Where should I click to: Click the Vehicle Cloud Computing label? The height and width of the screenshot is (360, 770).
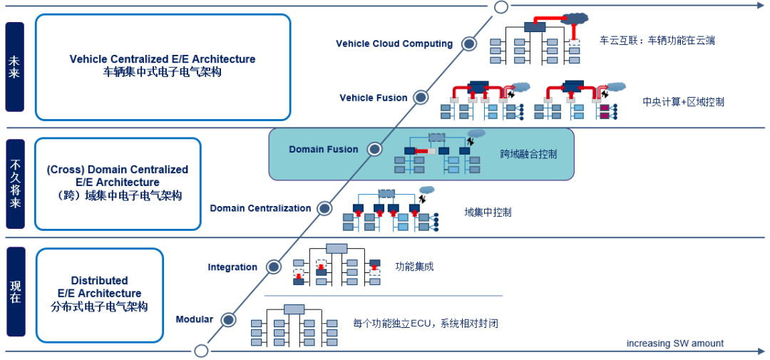point(394,43)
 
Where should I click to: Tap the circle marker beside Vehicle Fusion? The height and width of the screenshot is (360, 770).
point(421,97)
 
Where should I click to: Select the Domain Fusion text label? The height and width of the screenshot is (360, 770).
point(324,150)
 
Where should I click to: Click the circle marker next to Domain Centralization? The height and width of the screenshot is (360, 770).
point(324,208)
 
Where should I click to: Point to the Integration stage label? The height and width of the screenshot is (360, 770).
point(232,267)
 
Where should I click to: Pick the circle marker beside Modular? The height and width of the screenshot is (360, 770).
point(228,319)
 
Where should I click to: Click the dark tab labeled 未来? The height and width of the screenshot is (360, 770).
point(15,67)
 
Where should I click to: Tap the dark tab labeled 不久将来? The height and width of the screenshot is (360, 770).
point(15,184)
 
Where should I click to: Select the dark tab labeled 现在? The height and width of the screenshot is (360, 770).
point(15,292)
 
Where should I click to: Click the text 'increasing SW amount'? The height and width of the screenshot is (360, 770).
point(675,344)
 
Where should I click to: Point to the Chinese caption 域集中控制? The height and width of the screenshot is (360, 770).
point(488,212)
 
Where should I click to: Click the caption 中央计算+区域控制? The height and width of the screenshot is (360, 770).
point(683,102)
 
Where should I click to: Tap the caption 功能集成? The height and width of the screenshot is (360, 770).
point(414,267)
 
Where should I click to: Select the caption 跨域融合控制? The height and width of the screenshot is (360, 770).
point(528,154)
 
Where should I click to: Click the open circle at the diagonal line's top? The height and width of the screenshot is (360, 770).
point(501,7)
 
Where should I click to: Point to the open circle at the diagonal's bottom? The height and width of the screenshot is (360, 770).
point(201,351)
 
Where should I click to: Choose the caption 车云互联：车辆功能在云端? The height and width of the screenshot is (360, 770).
point(657,41)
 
